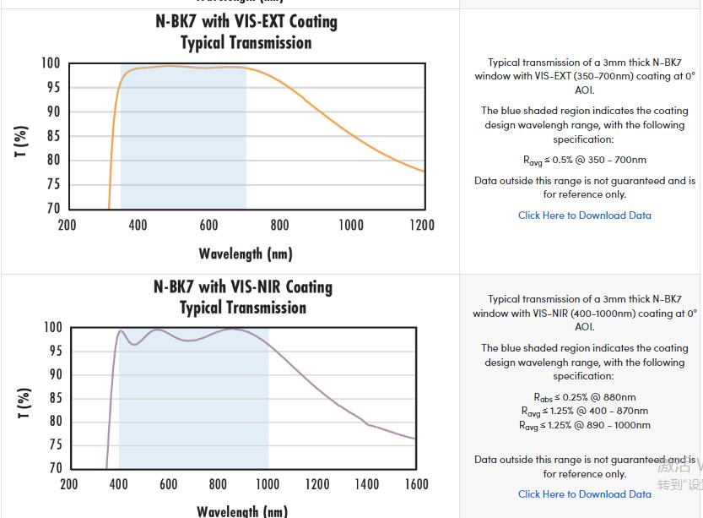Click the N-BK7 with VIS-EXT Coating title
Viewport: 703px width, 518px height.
tap(246, 22)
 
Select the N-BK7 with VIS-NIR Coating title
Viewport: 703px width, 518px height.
tap(243, 287)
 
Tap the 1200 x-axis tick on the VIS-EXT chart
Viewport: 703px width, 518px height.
tap(422, 225)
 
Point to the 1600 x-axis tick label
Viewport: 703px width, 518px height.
tap(416, 484)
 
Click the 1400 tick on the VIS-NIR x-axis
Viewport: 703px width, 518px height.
tap(366, 484)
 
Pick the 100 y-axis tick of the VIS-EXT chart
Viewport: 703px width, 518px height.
tap(51, 63)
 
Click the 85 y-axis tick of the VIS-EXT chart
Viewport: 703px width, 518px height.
tap(52, 136)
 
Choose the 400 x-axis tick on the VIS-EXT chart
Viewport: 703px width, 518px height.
tap(138, 225)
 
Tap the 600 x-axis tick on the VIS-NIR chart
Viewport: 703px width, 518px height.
tap(169, 484)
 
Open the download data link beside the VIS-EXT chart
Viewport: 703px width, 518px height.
tap(585, 215)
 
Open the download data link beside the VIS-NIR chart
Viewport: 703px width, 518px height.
tap(585, 494)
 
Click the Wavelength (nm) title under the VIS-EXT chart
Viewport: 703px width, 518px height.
tap(246, 254)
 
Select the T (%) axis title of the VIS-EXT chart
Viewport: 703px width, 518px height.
tap(23, 141)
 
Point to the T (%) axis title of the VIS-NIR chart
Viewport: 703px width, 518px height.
tap(24, 403)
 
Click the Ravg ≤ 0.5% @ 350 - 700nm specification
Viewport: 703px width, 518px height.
tap(585, 160)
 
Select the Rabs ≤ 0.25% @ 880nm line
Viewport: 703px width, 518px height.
tap(585, 397)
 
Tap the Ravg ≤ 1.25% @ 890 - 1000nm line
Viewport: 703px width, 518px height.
tap(585, 425)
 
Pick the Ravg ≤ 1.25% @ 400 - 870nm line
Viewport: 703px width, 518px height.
tap(585, 412)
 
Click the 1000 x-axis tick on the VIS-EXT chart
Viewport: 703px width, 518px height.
tap(351, 225)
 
